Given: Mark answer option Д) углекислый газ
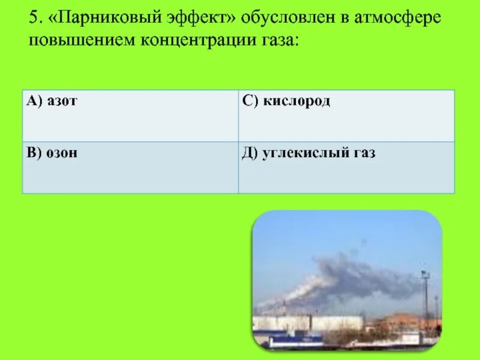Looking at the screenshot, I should tap(309, 153).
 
